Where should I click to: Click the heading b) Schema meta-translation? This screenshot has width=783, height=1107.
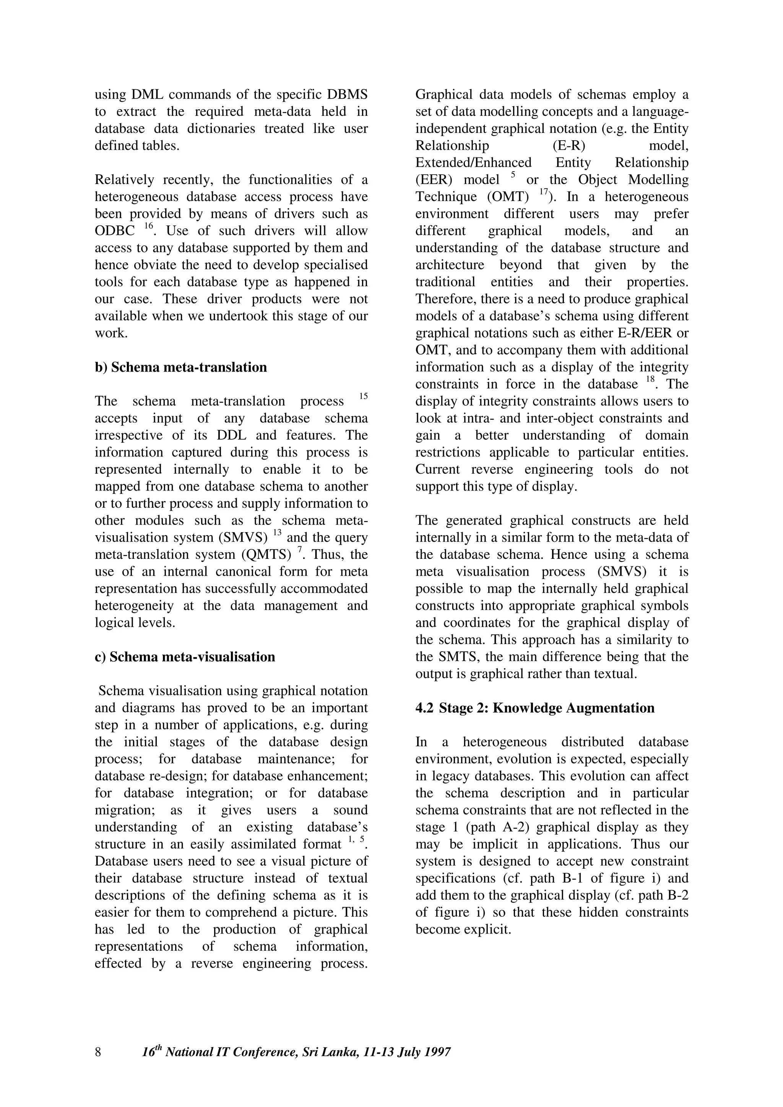180,367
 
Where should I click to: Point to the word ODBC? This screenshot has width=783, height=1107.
115,231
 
